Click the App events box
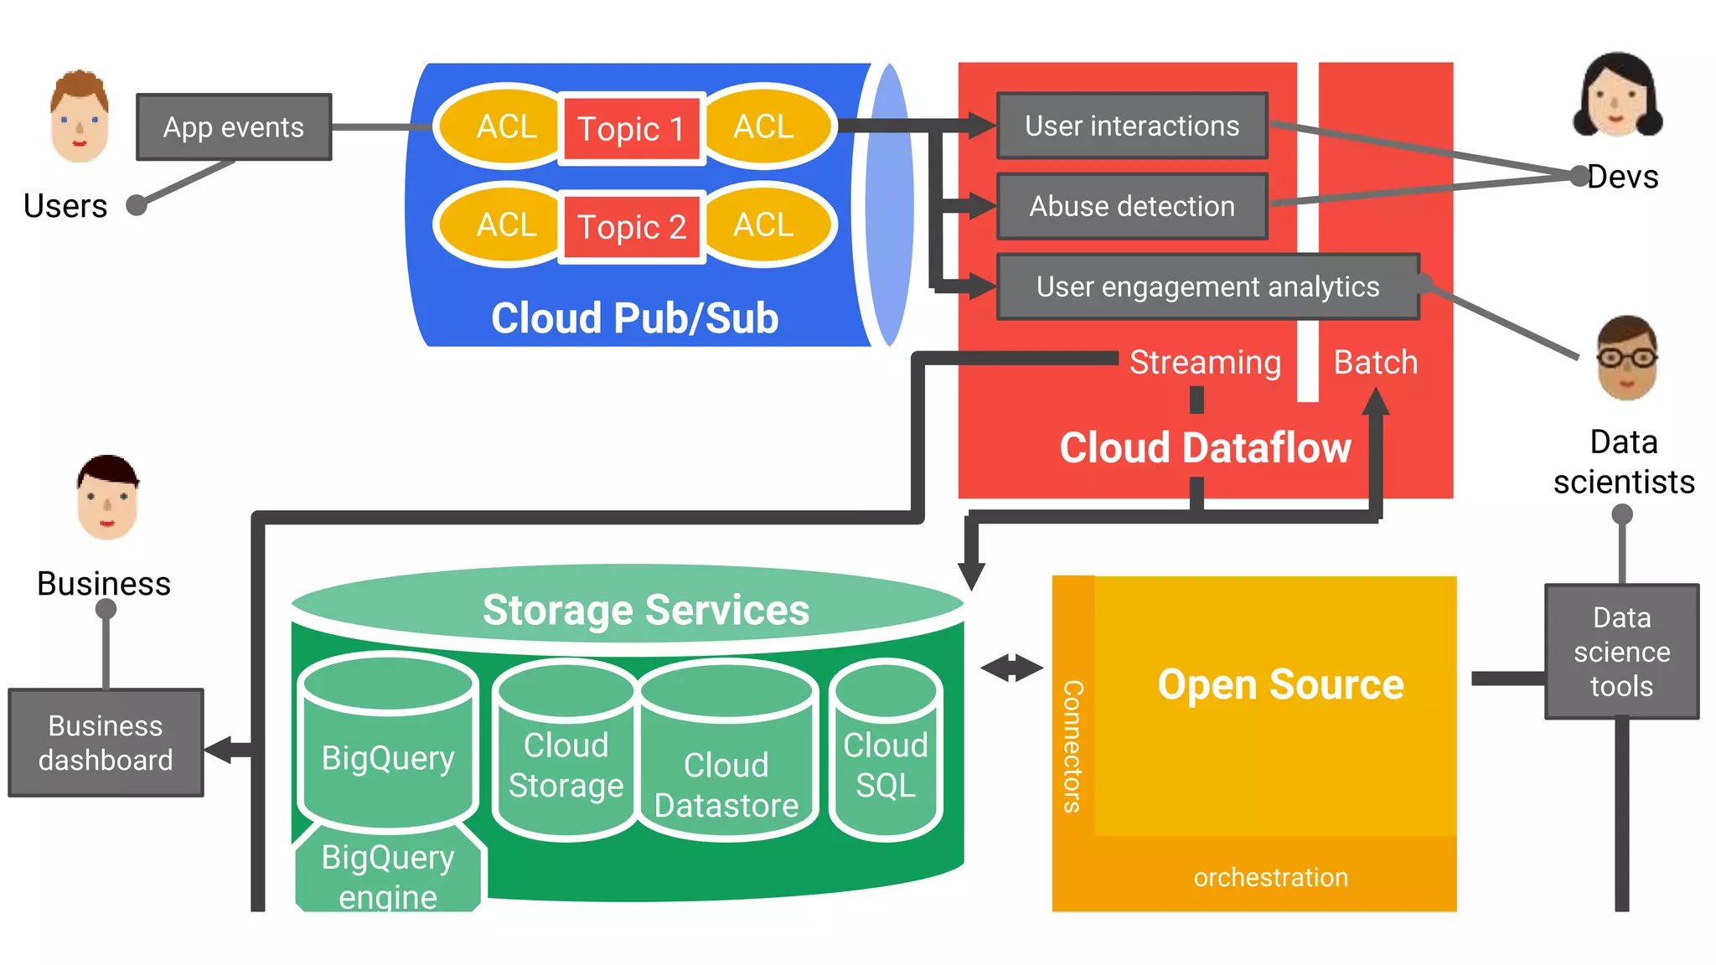pyautogui.click(x=234, y=127)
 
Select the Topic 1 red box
pyautogui.click(x=631, y=129)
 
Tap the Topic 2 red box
pyautogui.click(x=631, y=227)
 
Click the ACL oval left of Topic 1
pyautogui.click(x=505, y=127)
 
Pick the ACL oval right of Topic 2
pyautogui.click(x=764, y=225)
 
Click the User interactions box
pyautogui.click(x=1131, y=126)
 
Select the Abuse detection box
pyautogui.click(x=1131, y=207)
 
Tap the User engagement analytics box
pyautogui.click(x=1207, y=287)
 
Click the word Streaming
pyautogui.click(x=1205, y=363)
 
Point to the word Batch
pyautogui.click(x=1375, y=363)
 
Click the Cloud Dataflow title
pyautogui.click(x=1205, y=448)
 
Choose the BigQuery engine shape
pyautogui.click(x=388, y=875)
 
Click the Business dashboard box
pyautogui.click(x=106, y=743)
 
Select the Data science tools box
pyautogui.click(x=1621, y=652)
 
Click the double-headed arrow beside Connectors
pyautogui.click(x=1011, y=668)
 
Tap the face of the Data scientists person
pyautogui.click(x=1626, y=360)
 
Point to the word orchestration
pyautogui.click(x=1270, y=877)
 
